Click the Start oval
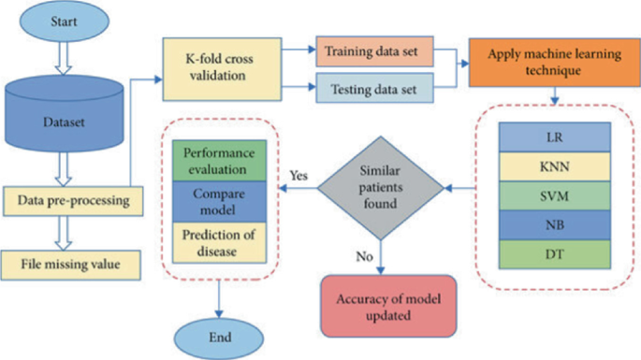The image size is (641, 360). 66,21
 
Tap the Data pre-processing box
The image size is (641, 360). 74,200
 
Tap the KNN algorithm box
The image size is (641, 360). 554,167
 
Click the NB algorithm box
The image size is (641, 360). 554,224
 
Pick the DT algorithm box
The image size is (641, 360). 554,254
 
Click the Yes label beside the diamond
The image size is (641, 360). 299,174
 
